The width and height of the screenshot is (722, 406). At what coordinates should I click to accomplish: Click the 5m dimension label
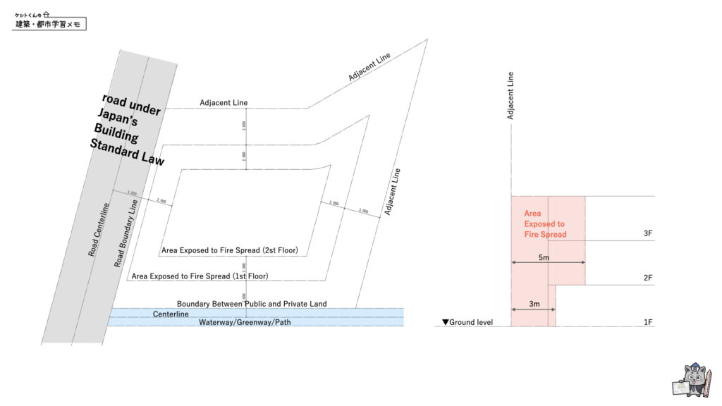(544, 258)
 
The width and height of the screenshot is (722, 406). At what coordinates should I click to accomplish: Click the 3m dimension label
(534, 304)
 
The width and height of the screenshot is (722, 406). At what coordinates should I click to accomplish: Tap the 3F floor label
(648, 233)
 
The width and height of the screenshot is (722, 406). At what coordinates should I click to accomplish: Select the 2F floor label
(648, 278)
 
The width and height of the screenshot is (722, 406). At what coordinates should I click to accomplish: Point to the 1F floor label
(648, 322)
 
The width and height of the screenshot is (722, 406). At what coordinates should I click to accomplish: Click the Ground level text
(471, 322)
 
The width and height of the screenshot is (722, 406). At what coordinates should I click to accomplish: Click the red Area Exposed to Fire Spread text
(545, 223)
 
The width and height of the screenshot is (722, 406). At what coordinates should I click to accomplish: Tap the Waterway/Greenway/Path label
(245, 323)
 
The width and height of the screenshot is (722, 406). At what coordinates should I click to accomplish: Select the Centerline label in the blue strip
(171, 314)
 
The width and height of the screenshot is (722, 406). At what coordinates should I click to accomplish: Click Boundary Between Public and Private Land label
(252, 304)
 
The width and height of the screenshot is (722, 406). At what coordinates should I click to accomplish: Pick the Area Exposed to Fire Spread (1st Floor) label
(200, 276)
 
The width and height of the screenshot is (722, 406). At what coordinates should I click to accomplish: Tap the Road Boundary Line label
(125, 233)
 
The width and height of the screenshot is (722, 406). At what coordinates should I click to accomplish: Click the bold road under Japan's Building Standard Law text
(128, 130)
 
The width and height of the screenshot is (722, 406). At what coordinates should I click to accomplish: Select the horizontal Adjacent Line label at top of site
(224, 103)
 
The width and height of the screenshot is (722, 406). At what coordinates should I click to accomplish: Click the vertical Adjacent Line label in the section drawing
(510, 95)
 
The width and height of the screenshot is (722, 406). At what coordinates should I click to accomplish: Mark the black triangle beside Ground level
(445, 322)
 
